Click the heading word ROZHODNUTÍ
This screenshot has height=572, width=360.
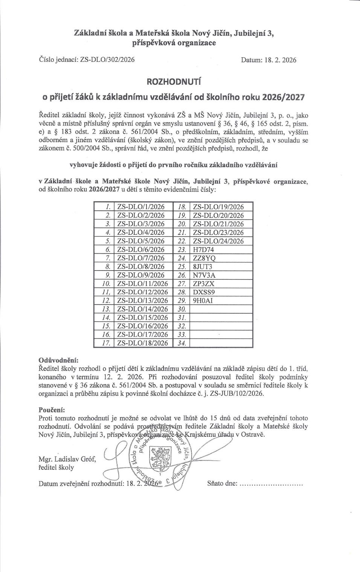(x=174, y=82)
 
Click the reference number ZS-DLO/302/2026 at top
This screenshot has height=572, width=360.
(x=107, y=60)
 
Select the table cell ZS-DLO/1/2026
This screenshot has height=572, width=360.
(x=141, y=206)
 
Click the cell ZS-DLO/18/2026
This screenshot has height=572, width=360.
(x=142, y=343)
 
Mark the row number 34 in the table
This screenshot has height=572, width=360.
(x=182, y=343)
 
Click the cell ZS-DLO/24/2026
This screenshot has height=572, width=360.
(x=218, y=241)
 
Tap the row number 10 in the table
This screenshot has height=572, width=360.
(x=106, y=283)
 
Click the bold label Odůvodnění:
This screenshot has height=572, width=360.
(x=58, y=361)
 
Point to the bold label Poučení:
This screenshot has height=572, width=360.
(x=52, y=410)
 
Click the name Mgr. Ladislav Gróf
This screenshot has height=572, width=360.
(x=67, y=459)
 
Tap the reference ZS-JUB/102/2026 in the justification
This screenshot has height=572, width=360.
(x=237, y=393)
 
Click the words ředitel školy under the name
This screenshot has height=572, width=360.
(x=56, y=468)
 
